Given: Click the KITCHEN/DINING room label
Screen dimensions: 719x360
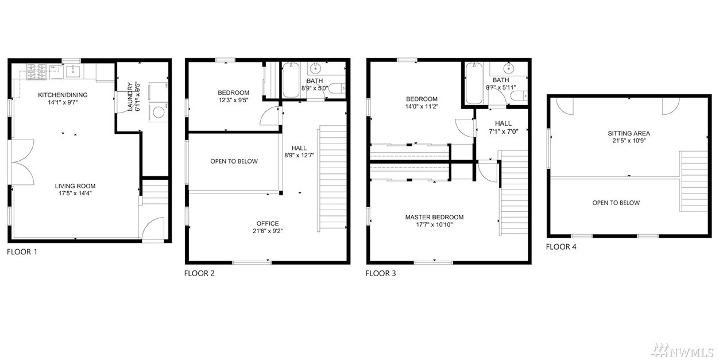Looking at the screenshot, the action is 63,95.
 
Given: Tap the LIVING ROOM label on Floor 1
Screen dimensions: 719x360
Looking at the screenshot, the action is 75,186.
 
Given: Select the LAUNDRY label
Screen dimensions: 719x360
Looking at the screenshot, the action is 130,97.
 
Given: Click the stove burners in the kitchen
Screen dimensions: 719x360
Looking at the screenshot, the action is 36,72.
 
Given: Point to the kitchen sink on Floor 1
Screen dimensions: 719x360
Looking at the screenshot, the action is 74,72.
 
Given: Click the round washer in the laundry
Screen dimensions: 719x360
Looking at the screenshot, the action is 159,113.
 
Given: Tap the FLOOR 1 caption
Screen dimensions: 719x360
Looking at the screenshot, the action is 22,252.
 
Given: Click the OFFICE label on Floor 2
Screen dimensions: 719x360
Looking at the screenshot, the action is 268,223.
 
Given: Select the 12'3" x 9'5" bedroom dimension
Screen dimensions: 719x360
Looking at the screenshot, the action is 233,100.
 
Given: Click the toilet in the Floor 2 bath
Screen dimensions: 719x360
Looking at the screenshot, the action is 337,88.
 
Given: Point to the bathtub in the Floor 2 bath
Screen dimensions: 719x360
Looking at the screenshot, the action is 291,80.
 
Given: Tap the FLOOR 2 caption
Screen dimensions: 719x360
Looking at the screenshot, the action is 199,273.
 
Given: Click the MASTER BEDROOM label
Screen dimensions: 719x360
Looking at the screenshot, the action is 434,217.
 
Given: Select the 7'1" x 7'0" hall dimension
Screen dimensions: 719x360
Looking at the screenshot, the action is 503,131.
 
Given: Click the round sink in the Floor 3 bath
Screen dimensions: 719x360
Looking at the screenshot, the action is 509,68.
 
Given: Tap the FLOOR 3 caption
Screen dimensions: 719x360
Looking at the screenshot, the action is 381,273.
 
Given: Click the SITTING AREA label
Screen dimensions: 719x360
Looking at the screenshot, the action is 629,133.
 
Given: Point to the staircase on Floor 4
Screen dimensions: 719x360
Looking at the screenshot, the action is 694,181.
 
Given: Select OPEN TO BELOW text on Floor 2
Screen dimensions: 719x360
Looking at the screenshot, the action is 234,161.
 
